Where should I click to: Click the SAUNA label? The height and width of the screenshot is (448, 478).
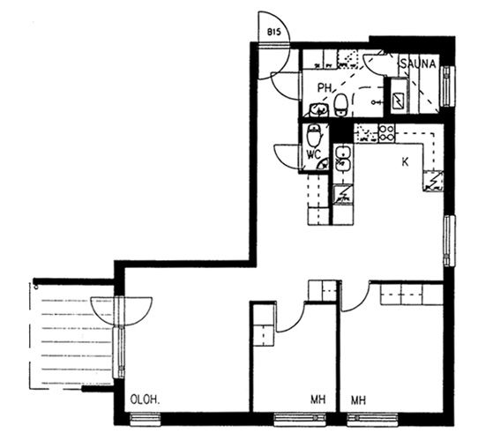418,64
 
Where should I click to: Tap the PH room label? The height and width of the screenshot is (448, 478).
325,88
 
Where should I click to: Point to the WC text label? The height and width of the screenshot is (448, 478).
314,155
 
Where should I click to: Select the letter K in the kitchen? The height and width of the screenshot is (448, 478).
405,162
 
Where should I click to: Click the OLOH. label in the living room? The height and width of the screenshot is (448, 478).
145,399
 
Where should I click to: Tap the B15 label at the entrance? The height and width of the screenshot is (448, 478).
273,32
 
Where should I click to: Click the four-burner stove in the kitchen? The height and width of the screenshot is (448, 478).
386,133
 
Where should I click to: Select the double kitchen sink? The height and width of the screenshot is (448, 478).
343,158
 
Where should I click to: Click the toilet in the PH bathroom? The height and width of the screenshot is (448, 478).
340,105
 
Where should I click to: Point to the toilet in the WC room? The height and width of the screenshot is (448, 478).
314,136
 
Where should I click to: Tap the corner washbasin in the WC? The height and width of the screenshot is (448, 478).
323,165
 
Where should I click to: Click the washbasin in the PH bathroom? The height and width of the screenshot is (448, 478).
319,109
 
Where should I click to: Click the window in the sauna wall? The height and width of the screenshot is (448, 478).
447,86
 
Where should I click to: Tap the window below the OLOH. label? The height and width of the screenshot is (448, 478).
146,420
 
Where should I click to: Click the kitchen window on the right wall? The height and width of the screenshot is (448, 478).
449,241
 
